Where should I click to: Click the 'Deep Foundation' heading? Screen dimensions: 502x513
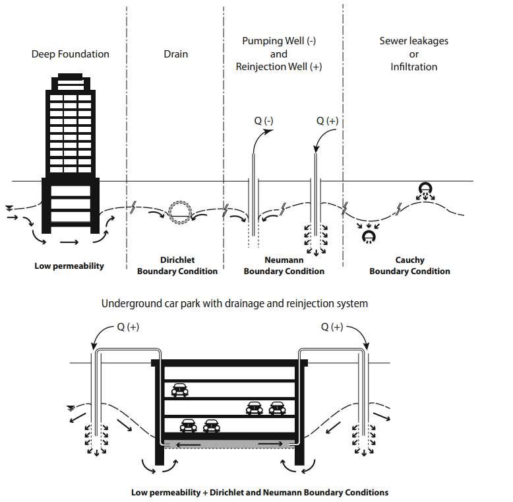coord(71,54)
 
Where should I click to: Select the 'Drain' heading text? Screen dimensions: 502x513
coord(175,54)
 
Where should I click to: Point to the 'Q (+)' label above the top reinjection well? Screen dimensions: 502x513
coord(328,121)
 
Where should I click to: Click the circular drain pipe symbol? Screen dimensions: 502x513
coord(179,211)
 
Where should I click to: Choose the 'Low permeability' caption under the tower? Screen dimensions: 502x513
coord(69,266)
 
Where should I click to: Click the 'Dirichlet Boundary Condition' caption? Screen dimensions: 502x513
coord(177,266)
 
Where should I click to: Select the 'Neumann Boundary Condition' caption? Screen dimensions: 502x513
coord(284,266)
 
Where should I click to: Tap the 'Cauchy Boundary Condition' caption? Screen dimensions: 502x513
coord(409,266)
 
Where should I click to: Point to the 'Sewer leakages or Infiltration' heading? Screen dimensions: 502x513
coord(413,54)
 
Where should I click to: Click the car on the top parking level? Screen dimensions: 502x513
coord(179,390)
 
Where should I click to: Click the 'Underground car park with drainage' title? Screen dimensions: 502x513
coord(234,304)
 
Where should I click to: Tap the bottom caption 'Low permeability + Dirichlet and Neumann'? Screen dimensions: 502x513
coord(260,492)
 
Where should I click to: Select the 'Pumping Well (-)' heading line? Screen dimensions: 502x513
coord(279,41)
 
